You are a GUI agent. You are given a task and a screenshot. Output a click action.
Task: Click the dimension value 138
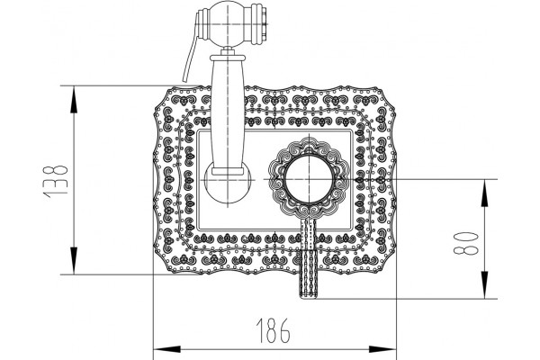click(55, 182)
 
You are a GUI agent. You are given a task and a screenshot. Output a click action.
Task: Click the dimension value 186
click(273, 330)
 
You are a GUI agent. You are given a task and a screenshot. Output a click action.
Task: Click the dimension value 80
click(466, 243)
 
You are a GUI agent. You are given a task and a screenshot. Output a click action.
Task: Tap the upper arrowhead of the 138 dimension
click(74, 100)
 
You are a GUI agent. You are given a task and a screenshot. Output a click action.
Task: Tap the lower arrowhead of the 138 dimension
click(74, 261)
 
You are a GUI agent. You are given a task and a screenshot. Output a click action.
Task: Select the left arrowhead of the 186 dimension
click(167, 349)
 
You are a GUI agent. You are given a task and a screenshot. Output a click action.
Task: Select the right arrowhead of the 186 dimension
click(382, 349)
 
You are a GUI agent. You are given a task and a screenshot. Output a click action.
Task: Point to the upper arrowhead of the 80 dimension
click(484, 193)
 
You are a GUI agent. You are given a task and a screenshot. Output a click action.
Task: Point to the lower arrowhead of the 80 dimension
click(484, 285)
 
